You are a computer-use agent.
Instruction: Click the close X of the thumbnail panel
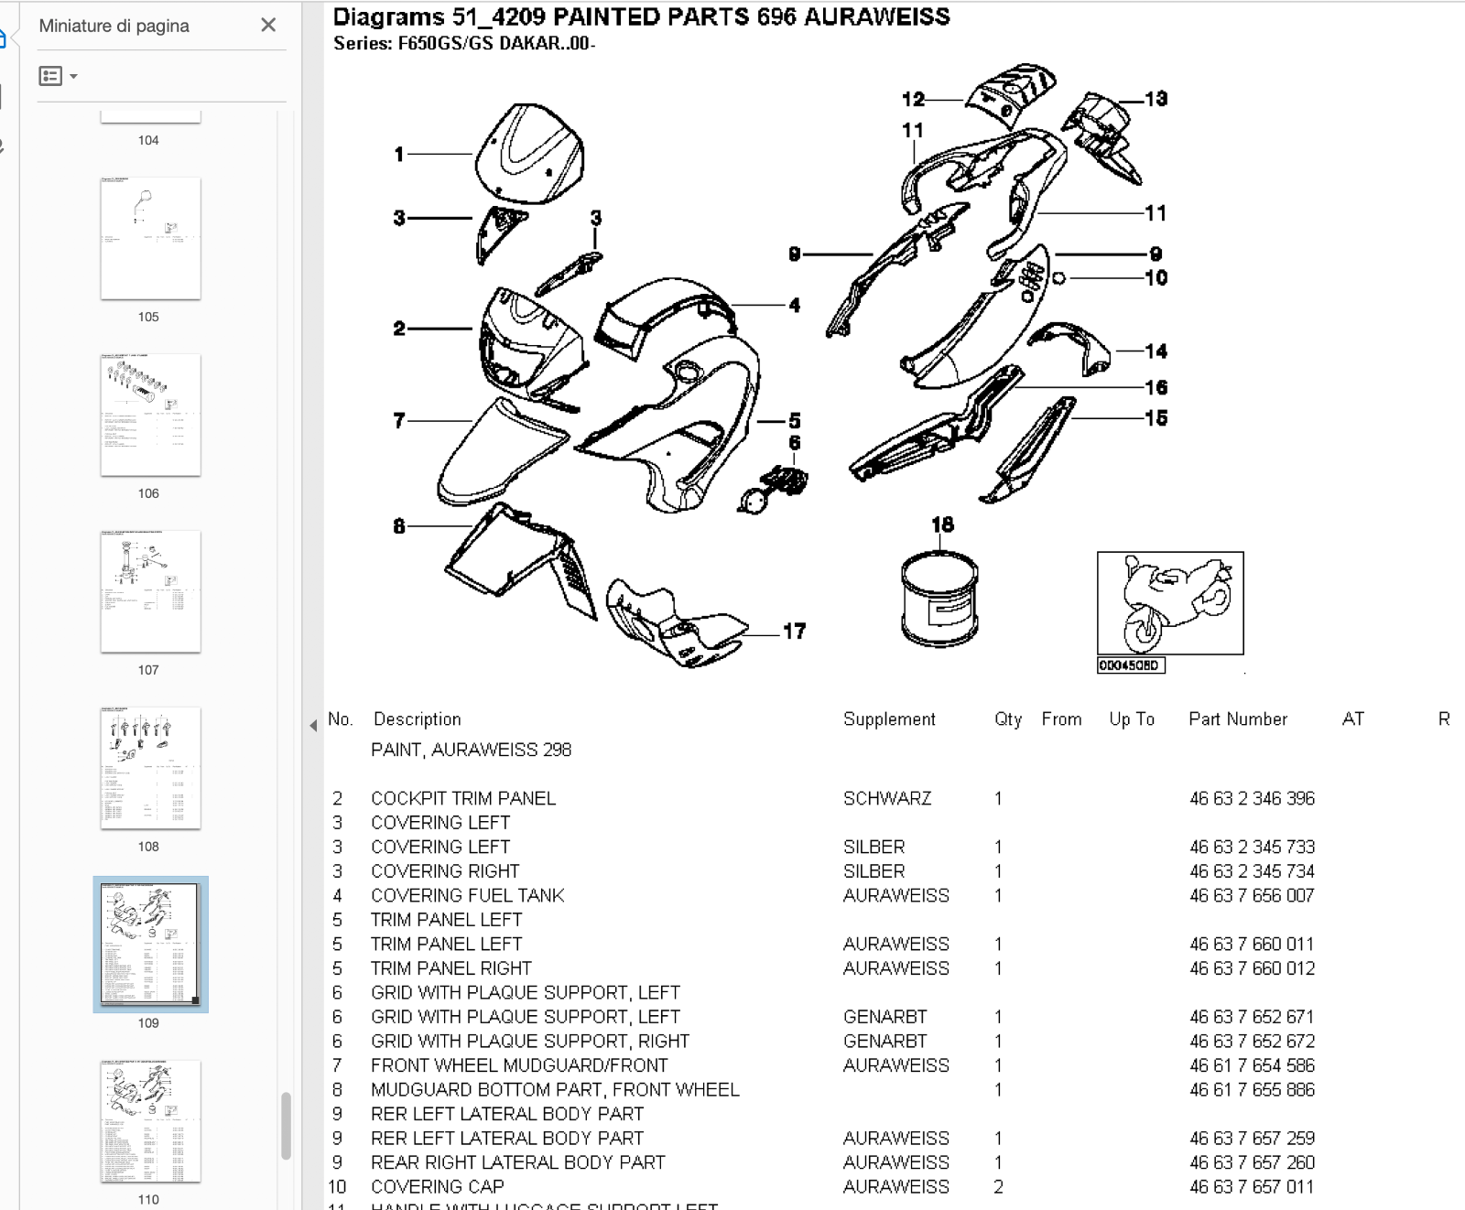pyautogui.click(x=268, y=25)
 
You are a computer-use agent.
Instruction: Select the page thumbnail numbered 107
pyautogui.click(x=150, y=591)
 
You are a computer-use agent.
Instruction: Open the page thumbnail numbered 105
pyautogui.click(x=150, y=238)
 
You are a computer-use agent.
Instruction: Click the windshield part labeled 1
pyautogui.click(x=529, y=155)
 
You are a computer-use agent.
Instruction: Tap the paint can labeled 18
pyautogui.click(x=939, y=599)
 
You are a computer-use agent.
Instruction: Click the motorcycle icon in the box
pyautogui.click(x=1170, y=602)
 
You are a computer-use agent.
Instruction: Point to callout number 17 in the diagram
pyautogui.click(x=794, y=632)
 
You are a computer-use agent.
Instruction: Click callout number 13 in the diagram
pyautogui.click(x=1156, y=99)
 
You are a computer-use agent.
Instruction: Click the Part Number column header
pyautogui.click(x=1237, y=719)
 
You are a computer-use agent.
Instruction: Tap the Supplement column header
pyautogui.click(x=889, y=719)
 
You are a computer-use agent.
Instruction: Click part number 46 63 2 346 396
pyautogui.click(x=1252, y=798)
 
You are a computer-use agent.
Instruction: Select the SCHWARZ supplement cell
pyautogui.click(x=886, y=798)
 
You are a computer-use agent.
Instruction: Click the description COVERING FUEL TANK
pyautogui.click(x=467, y=895)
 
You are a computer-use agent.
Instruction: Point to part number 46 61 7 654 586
pyautogui.click(x=1252, y=1065)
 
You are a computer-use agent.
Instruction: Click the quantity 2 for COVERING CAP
pyautogui.click(x=998, y=1187)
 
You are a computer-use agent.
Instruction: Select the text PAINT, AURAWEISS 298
pyautogui.click(x=471, y=750)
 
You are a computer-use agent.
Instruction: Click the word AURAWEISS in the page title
pyautogui.click(x=876, y=16)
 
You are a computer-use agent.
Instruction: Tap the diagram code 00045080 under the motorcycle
pyautogui.click(x=1130, y=665)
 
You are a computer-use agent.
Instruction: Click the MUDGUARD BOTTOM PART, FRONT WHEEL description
pyautogui.click(x=555, y=1089)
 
